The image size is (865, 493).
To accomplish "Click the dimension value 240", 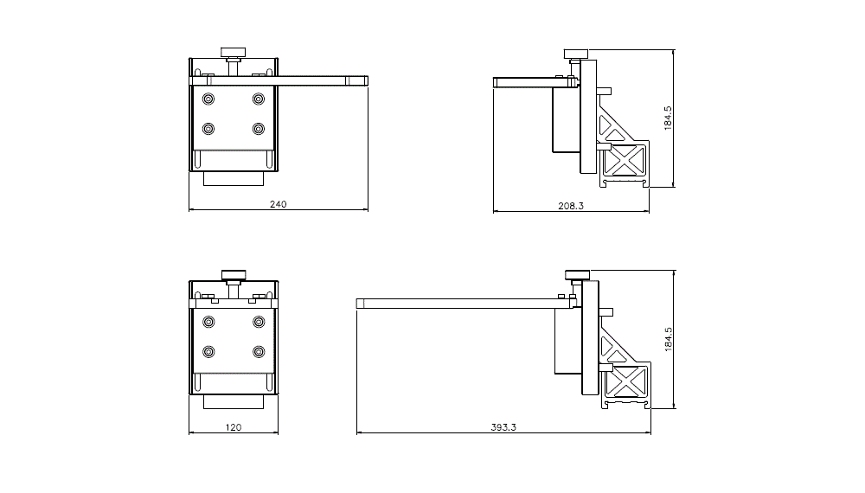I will coord(278,205).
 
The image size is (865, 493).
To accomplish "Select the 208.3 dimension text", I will coord(571,206).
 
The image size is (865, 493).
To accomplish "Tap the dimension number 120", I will coord(234,427).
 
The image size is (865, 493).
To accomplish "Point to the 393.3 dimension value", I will coord(503,427).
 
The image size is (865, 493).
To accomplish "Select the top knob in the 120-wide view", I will coord(234,276).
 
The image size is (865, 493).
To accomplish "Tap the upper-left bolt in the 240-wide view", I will coord(208,99).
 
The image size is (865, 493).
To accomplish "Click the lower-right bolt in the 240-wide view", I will coord(259,129).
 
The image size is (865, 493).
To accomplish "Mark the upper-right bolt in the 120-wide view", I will coord(259,322).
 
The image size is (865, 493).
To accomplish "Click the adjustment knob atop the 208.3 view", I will coord(576,54).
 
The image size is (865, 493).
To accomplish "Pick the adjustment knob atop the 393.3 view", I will coord(578,275).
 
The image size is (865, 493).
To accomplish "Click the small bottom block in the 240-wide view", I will coord(234,179).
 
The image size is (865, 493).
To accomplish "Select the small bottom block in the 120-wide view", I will coord(234,402).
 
